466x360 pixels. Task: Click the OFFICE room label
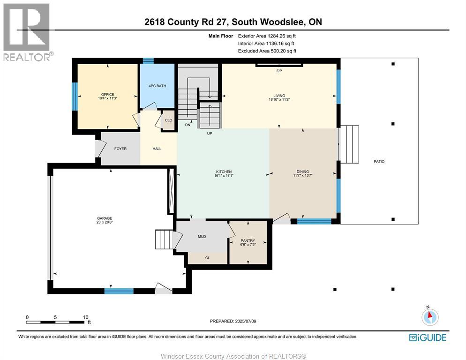[x=107, y=95]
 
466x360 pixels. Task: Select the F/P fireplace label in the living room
[x=279, y=71]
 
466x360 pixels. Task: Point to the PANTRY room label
[x=248, y=240]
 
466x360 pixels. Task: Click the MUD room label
[x=202, y=237]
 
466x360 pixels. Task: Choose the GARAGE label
[x=105, y=218]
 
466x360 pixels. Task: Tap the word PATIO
[x=379, y=161]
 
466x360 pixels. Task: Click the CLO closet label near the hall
[x=168, y=120]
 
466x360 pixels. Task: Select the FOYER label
[x=120, y=149]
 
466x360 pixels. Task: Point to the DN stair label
[x=188, y=125]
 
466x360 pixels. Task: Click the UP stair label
[x=210, y=134]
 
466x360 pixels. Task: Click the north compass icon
[x=429, y=316]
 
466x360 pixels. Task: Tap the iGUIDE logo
[x=428, y=337]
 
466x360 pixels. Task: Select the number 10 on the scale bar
[x=85, y=317]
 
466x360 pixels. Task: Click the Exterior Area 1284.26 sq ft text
[x=267, y=36]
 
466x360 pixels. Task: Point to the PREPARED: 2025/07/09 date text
[x=233, y=321]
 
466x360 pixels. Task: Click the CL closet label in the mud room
[x=207, y=258]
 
